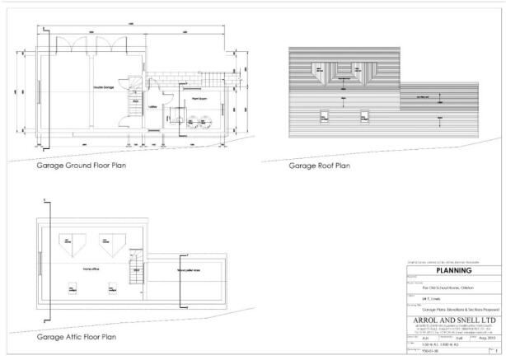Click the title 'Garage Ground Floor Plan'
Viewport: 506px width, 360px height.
coord(80,165)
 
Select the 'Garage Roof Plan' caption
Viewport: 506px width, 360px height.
coord(320,165)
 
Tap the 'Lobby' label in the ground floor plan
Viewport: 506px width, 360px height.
coord(152,106)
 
